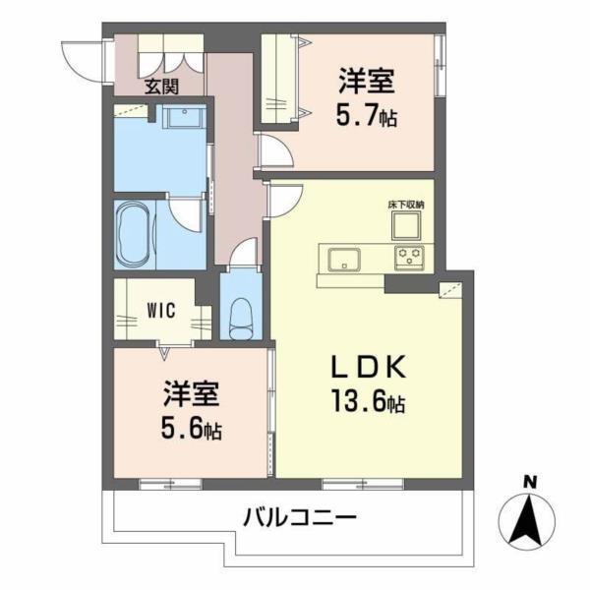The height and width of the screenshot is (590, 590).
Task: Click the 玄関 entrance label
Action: [161, 87]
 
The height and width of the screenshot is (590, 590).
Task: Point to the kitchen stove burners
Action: [410, 258]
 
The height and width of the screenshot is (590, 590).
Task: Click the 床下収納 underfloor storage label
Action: [406, 205]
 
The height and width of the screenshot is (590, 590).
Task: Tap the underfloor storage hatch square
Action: [406, 226]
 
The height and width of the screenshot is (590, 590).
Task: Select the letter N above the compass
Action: [530, 481]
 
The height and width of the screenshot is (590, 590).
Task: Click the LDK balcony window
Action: [363, 483]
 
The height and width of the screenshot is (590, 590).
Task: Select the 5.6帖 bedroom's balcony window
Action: [170, 483]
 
